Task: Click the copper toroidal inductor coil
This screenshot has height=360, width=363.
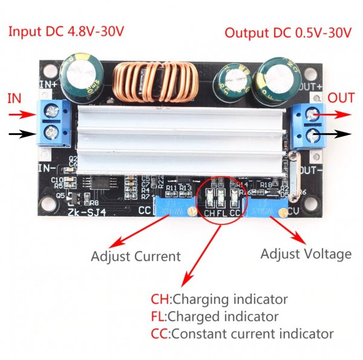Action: point(156,83)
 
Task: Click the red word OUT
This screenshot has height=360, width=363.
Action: point(341,97)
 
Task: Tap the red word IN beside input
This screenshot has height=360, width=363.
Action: point(14,97)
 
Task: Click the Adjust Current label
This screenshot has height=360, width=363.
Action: point(136,257)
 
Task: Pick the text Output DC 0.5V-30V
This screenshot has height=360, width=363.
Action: point(287,32)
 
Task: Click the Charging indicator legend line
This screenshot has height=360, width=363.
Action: point(219,299)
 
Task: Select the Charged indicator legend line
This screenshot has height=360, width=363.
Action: point(215,316)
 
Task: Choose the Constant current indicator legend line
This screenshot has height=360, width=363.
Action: point(242,333)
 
